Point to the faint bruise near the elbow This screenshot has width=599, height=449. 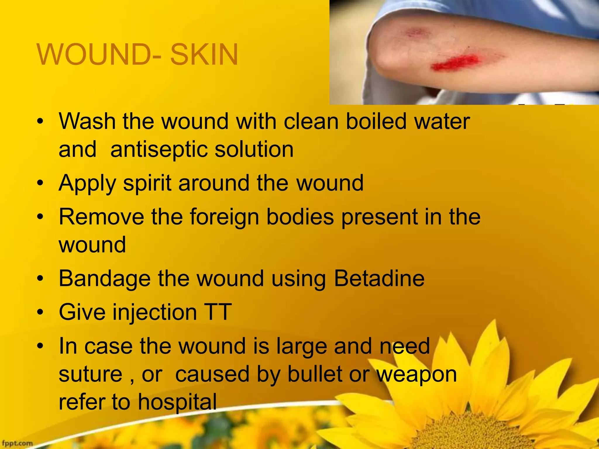[416, 32]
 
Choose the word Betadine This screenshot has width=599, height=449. [379, 278]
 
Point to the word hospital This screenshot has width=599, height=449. [177, 402]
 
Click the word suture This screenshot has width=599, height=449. [90, 374]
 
